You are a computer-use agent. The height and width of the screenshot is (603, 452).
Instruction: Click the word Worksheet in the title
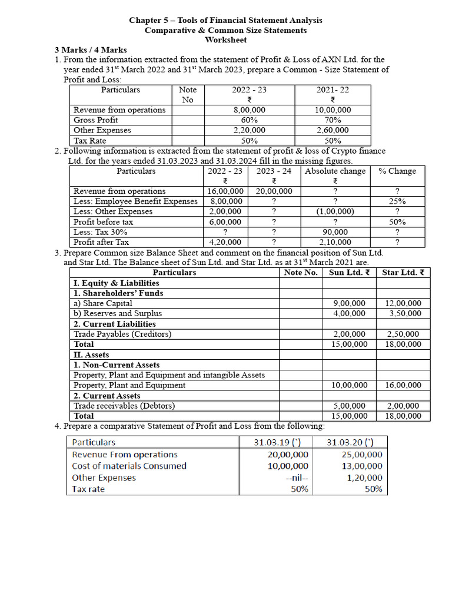coord(225,40)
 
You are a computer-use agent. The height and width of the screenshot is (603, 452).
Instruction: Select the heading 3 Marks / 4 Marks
coord(91,50)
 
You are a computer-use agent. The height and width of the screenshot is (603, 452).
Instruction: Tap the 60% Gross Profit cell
coord(249,120)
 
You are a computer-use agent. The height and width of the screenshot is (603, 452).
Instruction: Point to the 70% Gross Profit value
coord(333,120)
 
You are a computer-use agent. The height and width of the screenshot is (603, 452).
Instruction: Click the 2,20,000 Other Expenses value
coord(249,130)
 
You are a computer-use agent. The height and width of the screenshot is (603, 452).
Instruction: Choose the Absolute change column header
coord(335,171)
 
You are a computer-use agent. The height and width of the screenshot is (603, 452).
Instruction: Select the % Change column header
coord(397,171)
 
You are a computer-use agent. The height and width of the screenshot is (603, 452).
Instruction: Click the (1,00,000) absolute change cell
coord(335,211)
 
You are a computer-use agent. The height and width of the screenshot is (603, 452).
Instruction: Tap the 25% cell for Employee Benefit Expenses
coord(397,201)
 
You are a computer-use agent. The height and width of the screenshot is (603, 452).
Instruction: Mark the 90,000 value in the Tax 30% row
coord(335,232)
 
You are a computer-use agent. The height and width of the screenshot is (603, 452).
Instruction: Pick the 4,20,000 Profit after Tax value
coord(225,242)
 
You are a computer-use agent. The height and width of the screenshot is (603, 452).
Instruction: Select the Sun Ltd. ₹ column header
coord(349,273)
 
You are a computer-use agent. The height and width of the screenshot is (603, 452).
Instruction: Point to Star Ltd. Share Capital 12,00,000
coord(403,303)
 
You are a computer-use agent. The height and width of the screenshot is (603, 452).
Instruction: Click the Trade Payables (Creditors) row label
coord(122,334)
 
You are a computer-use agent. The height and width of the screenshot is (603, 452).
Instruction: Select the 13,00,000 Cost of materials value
coord(361,466)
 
